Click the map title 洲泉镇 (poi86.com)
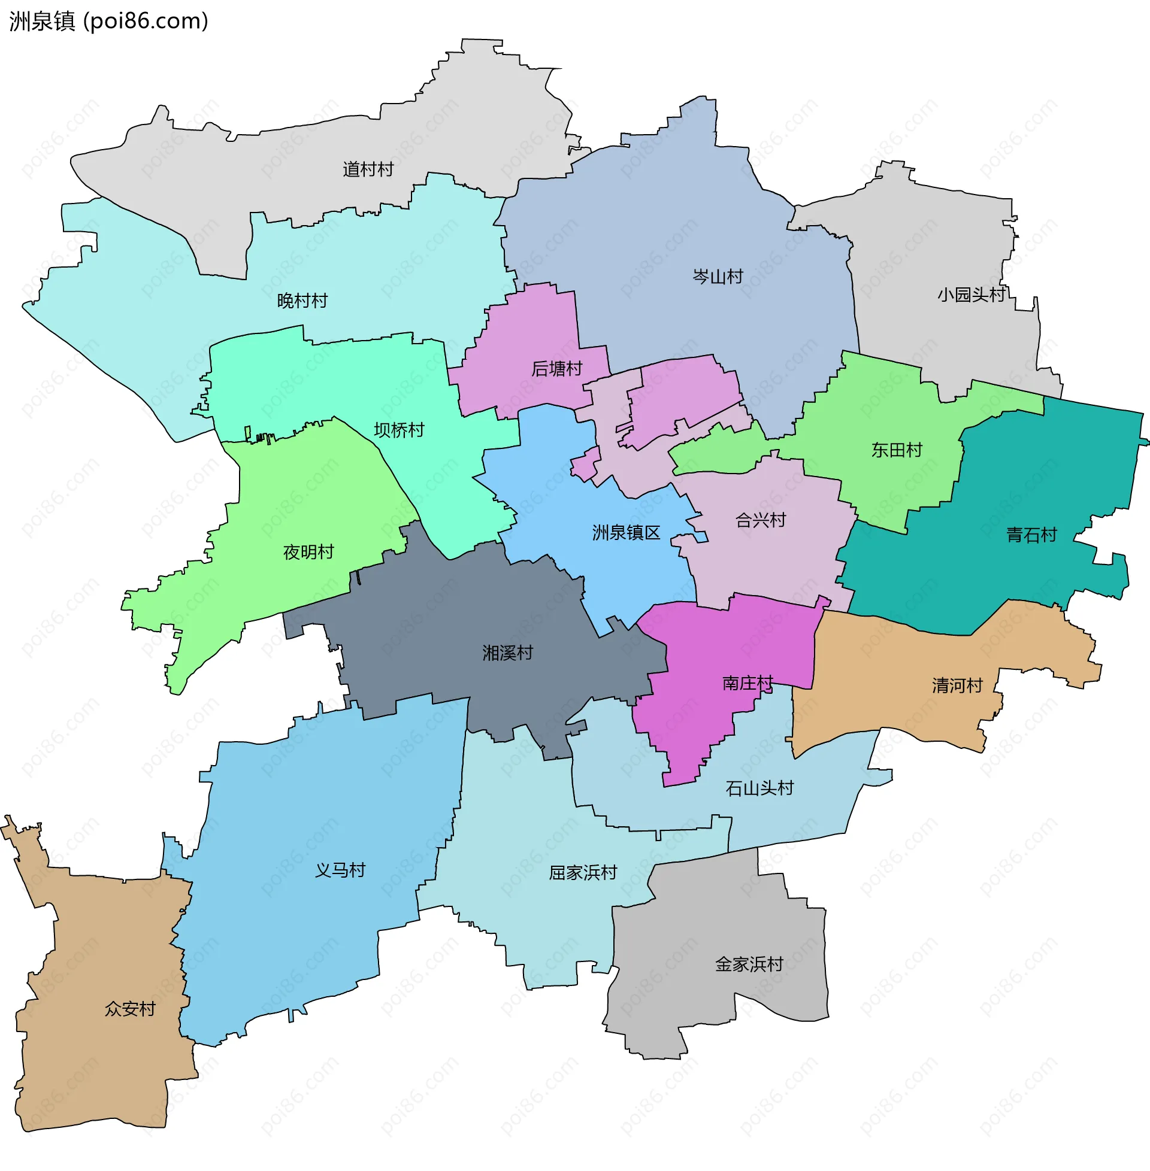(x=109, y=21)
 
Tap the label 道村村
(x=368, y=169)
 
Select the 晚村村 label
(x=302, y=301)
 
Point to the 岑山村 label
(x=718, y=277)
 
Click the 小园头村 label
(x=972, y=295)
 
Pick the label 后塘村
(x=556, y=369)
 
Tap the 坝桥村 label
(x=399, y=430)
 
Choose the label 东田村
(x=896, y=450)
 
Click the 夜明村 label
(x=308, y=553)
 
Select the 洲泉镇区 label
(x=626, y=533)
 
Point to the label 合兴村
(x=761, y=520)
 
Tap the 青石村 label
(x=1031, y=535)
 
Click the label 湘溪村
(x=507, y=653)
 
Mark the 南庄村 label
(x=747, y=684)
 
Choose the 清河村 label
(x=957, y=685)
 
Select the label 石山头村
(x=759, y=788)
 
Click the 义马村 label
(x=340, y=870)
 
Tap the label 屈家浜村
(x=583, y=873)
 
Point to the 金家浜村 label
(x=749, y=964)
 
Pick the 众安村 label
(x=130, y=1009)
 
